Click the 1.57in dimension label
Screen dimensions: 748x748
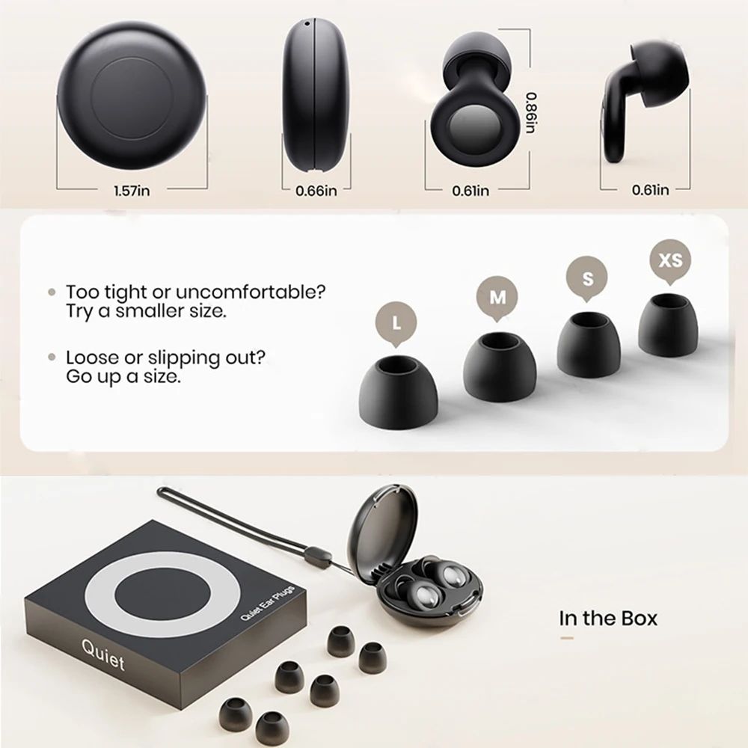coord(132,191)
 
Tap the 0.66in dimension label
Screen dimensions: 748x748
coord(316,191)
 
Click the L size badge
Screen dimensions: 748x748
coord(393,324)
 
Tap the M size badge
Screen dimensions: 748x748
coord(497,298)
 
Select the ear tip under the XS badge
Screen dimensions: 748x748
coord(667,325)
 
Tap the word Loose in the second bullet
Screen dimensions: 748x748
coord(89,358)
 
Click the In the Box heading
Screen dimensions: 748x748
coord(608,619)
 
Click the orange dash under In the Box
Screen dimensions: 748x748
coord(567,638)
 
